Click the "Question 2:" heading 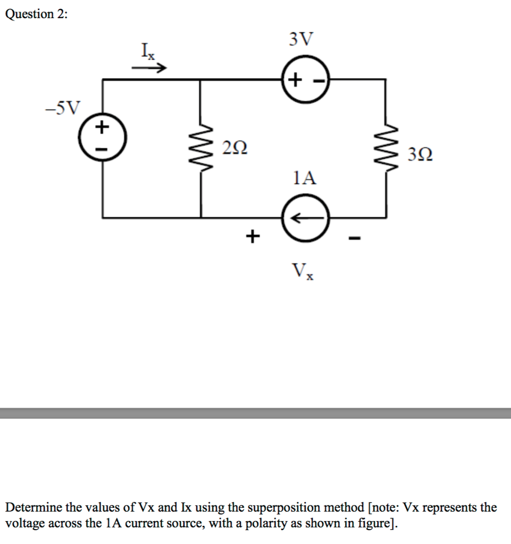tap(36, 15)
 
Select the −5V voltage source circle tap(102, 139)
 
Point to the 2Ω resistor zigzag tap(200, 149)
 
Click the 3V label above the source tap(301, 39)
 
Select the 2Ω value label tap(234, 148)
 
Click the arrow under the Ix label tap(149, 69)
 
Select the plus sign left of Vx tap(253, 234)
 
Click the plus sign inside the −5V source tap(102, 127)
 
